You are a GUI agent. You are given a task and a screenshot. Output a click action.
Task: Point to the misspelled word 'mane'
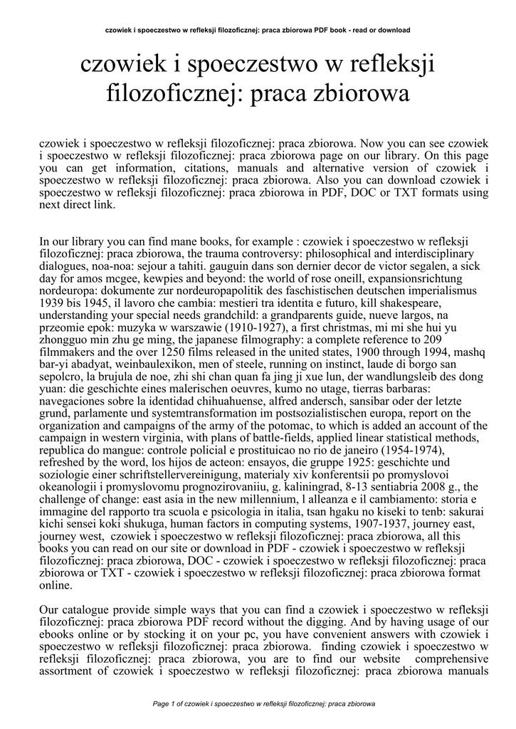(x=189, y=242)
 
